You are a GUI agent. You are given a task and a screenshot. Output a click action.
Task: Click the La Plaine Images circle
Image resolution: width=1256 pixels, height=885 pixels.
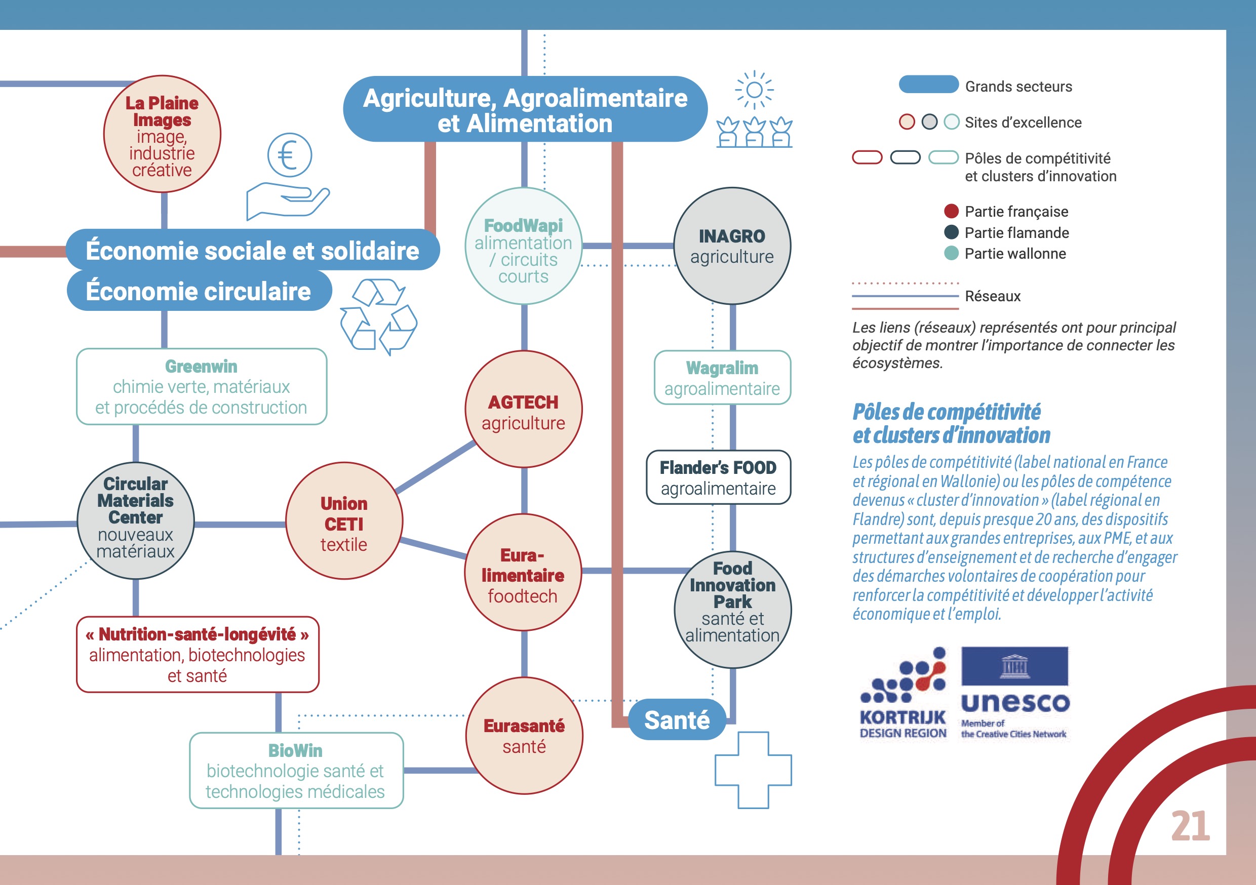coord(162,134)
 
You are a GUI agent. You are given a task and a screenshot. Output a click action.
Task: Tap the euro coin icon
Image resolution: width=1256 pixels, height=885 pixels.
coord(289,155)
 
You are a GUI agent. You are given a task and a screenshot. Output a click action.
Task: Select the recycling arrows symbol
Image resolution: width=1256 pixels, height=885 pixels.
coord(378,315)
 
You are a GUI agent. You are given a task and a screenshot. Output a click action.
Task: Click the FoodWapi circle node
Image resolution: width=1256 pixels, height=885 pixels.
coord(524,246)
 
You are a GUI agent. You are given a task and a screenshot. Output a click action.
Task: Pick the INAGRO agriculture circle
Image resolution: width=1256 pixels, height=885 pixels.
coord(732,246)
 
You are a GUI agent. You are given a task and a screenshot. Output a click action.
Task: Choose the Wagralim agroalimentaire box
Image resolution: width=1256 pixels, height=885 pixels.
coord(722,377)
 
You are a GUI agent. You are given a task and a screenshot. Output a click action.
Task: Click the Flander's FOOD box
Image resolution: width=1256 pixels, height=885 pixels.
coord(718,477)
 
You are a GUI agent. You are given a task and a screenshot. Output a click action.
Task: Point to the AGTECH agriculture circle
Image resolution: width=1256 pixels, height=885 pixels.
coord(524,409)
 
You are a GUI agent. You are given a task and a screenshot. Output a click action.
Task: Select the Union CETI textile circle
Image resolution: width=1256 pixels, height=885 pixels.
coord(344,520)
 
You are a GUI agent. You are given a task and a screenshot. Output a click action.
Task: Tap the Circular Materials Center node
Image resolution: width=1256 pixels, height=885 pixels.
coord(136,520)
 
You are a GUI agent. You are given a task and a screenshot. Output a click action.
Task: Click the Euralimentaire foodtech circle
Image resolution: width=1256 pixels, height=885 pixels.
coord(523,573)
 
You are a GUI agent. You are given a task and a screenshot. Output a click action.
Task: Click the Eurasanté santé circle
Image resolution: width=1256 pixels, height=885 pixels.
coord(524,735)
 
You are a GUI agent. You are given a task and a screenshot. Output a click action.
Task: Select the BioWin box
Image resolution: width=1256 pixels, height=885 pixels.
coord(296,770)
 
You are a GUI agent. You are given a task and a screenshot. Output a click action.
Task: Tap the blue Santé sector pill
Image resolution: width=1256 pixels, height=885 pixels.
coord(677,719)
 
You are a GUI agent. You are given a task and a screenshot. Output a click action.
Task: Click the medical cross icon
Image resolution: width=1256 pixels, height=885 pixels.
coord(753,770)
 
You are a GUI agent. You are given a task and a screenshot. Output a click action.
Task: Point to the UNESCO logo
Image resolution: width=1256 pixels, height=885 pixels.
coord(1015,692)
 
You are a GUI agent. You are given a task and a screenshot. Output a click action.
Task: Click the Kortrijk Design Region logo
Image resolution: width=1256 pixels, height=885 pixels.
coord(903,693)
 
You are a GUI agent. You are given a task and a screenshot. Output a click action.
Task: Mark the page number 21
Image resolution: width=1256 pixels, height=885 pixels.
coord(1190,826)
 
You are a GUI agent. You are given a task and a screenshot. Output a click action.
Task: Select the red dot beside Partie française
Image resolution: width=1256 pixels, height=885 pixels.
coord(951,211)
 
